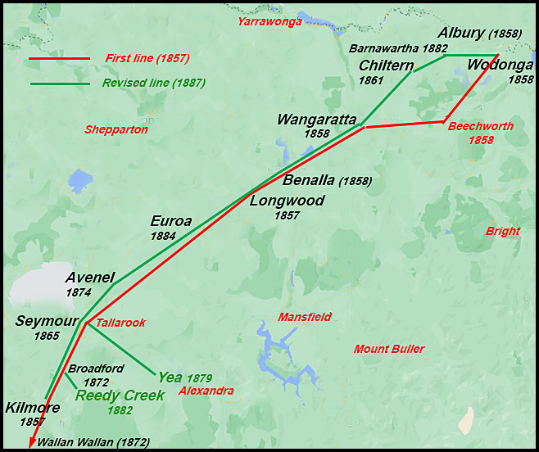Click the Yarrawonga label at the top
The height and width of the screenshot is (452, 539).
269,21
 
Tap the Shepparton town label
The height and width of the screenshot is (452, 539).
116,129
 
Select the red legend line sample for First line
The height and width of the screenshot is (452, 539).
59,59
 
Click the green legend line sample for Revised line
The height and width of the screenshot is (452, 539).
59,84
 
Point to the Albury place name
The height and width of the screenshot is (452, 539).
460,34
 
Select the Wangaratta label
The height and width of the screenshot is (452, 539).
316,120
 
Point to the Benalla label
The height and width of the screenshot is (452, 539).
309,180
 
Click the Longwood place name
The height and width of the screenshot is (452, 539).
287,201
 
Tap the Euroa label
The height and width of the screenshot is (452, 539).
170,221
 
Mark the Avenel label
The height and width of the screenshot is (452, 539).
90,277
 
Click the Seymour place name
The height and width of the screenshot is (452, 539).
46,321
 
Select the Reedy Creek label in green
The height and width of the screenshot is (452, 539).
120,395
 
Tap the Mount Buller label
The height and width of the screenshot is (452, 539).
389,350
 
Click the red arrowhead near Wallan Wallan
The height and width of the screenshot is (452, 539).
31,443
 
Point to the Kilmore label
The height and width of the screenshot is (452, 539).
32,407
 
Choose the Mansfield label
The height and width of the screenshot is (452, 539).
305,317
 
